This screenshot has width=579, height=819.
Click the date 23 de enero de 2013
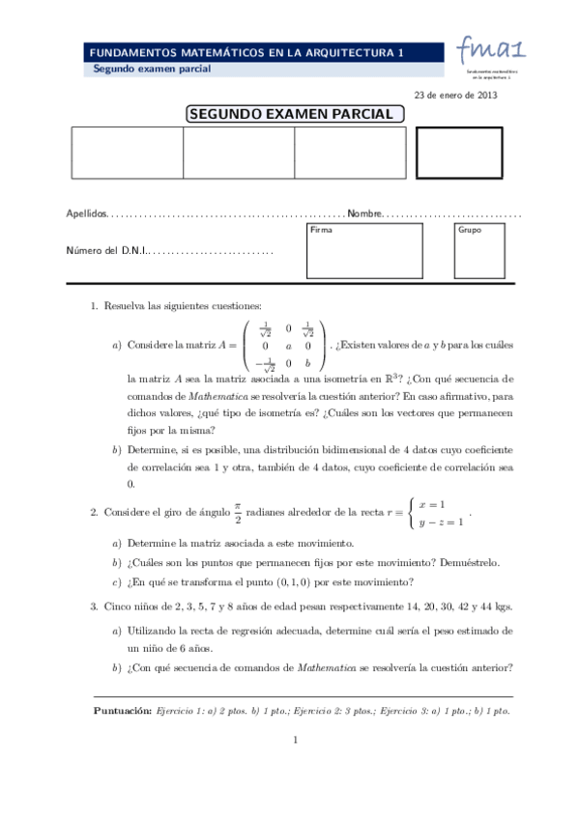point(454,95)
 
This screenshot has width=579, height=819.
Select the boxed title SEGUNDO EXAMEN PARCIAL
point(294,114)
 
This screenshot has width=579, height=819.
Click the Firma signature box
point(363,250)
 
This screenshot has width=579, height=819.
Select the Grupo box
point(485,250)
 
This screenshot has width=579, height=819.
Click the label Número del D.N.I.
point(104,251)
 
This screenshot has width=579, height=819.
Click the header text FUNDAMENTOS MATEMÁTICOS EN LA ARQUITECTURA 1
point(246,53)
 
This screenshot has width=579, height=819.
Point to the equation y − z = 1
point(440,522)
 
